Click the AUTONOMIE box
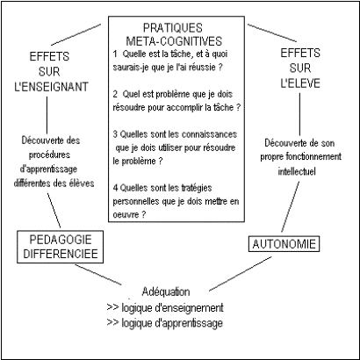284,244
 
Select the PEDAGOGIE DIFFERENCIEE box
61,247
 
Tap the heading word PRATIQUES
173,28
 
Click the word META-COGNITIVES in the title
174,41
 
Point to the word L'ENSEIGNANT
51,87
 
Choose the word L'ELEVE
300,83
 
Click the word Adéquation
166,292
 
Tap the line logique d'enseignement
172,307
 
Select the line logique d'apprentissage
172,323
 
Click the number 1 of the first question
115,54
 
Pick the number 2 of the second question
115,95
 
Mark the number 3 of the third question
115,134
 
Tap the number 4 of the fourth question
115,188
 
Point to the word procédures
49,155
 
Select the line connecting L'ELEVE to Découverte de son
299,114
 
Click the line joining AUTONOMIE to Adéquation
241,274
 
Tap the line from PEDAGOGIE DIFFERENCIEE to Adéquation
98,275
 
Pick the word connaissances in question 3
209,134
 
